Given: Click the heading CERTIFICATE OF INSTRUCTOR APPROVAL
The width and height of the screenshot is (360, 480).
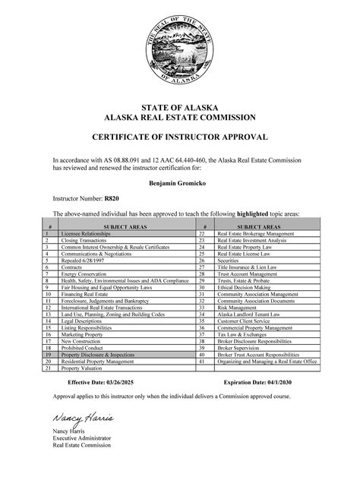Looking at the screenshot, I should coord(180,137).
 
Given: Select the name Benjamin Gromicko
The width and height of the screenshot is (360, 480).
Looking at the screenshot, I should coord(180,182).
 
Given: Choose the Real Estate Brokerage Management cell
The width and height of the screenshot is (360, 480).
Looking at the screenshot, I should coord(255,234).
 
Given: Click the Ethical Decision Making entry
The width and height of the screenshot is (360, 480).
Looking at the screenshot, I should coord(245,288).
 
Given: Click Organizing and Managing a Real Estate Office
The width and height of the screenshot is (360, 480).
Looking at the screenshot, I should coord(266,362).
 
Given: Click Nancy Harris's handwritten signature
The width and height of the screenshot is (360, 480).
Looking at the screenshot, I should coord(82,418).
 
